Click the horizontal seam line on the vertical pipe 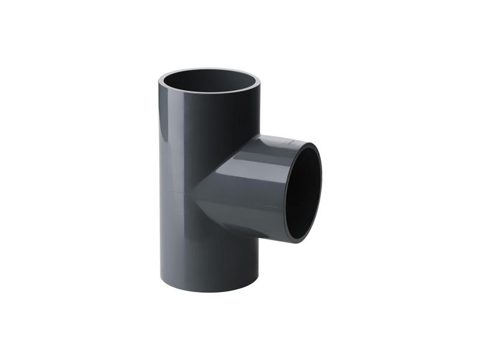click(x=177, y=192)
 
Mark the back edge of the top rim click(x=209, y=70)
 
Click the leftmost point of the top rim click(x=160, y=80)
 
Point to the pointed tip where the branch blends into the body click(x=193, y=193)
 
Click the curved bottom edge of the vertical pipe click(x=209, y=292)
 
